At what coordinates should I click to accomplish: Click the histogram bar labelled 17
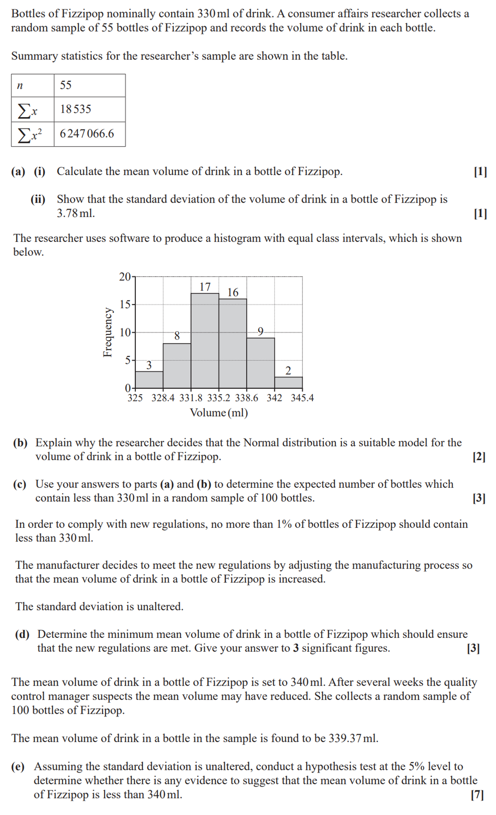click(x=205, y=340)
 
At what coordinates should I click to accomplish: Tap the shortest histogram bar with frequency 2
click(x=288, y=383)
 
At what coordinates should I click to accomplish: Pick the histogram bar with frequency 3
click(x=149, y=380)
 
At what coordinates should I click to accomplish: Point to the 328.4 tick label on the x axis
click(x=163, y=398)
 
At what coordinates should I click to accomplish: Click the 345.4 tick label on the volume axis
click(x=302, y=398)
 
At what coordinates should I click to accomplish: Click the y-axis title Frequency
click(x=107, y=332)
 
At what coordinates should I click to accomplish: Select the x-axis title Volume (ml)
click(x=219, y=413)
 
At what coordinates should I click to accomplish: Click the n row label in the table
click(x=20, y=86)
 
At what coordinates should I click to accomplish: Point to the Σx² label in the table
click(x=30, y=134)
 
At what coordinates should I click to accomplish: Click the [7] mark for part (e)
click(x=477, y=795)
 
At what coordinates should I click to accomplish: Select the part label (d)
click(x=22, y=634)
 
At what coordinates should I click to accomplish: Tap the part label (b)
click(x=20, y=443)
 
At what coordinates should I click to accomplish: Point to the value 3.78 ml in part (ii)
click(x=75, y=213)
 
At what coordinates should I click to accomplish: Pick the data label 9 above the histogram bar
click(x=261, y=332)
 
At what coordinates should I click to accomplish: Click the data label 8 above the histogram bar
click(x=177, y=336)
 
